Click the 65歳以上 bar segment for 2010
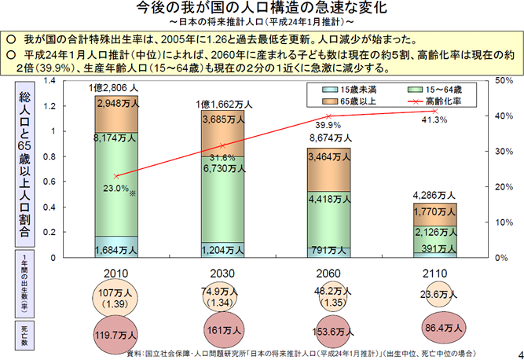pos(116,110)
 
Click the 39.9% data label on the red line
pos(328,124)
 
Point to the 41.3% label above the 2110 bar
pos(434,119)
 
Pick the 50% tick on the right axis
pos(504,80)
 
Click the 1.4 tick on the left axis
pos(49,80)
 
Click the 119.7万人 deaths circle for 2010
pos(116,332)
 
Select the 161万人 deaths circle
pos(224,331)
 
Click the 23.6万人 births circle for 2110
pos(434,296)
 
